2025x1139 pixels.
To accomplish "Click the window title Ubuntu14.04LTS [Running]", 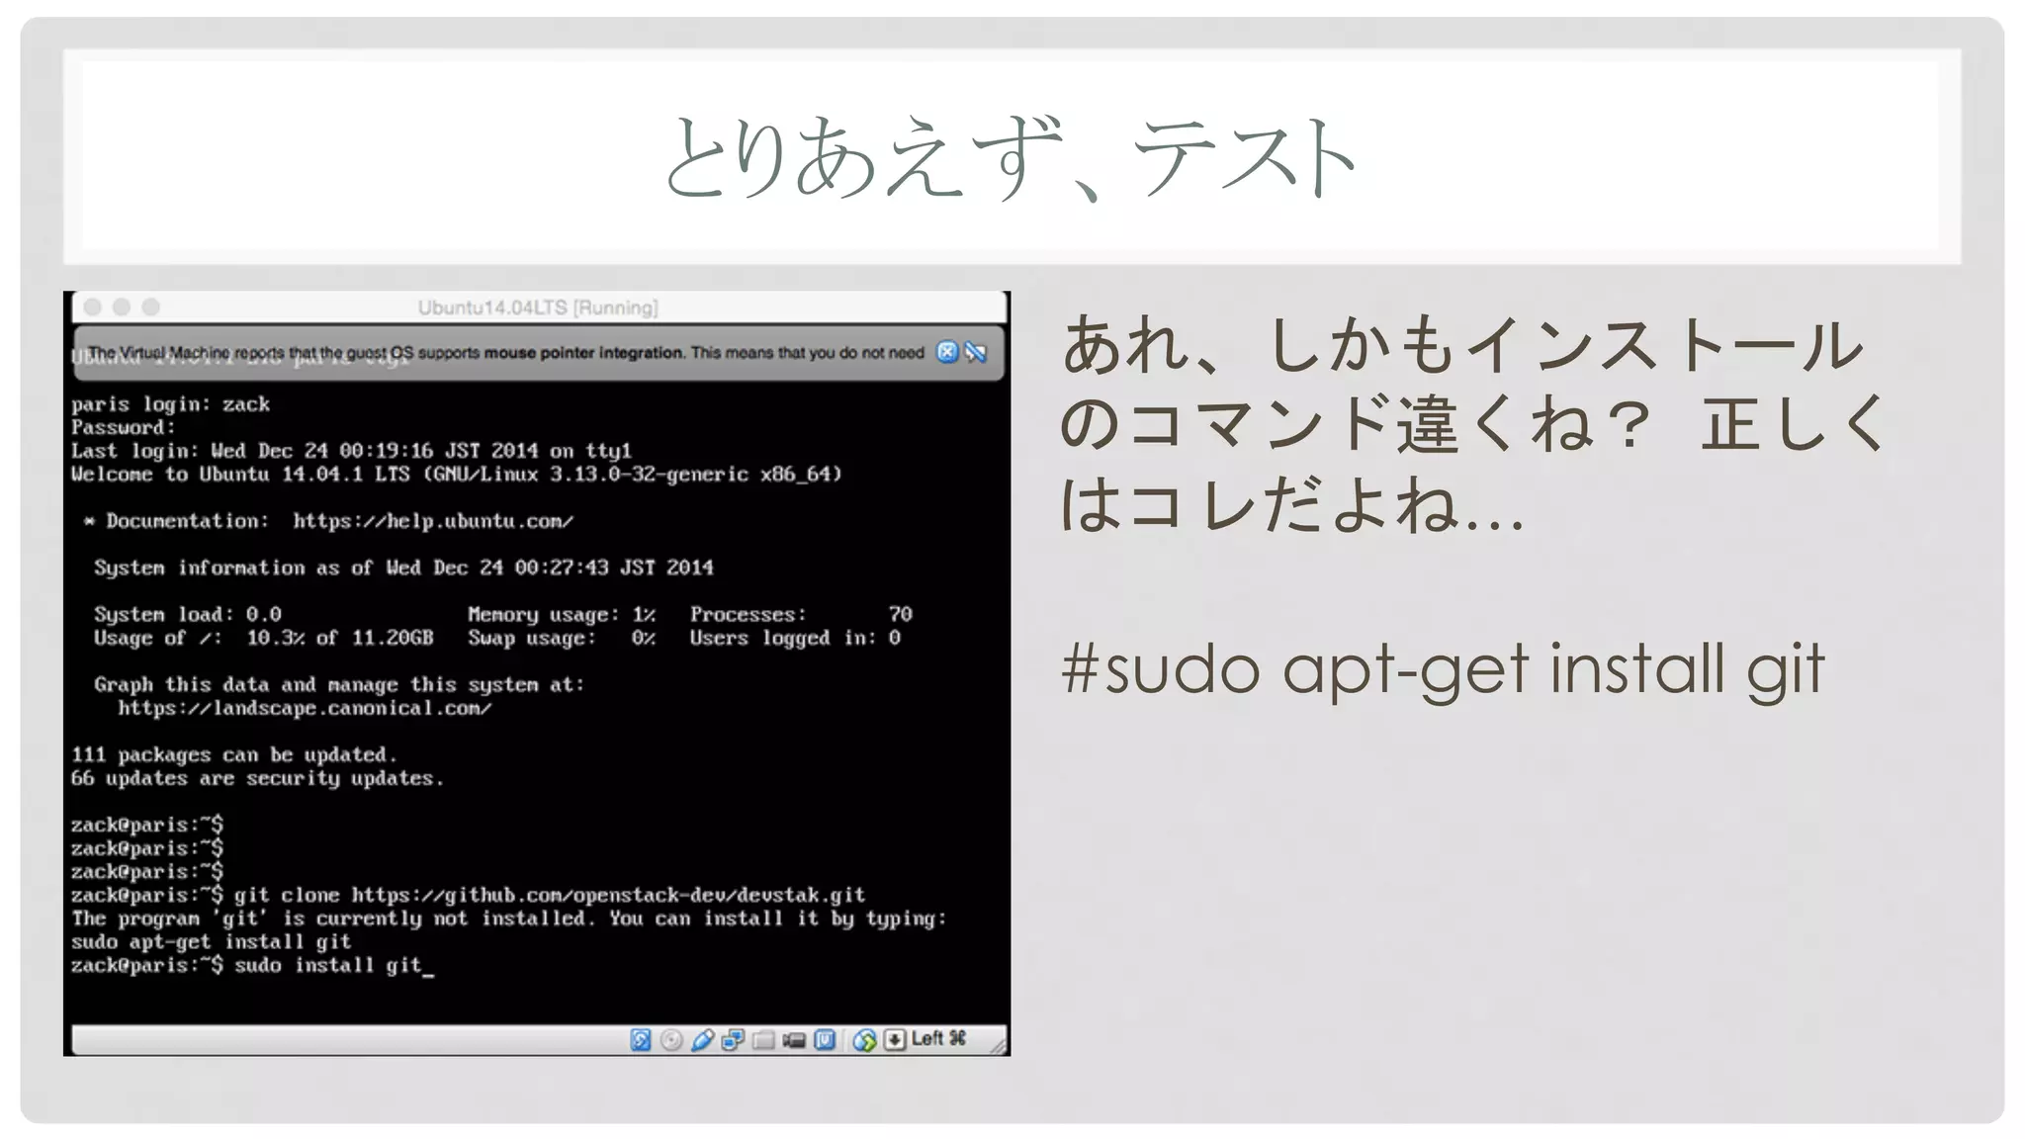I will [537, 307].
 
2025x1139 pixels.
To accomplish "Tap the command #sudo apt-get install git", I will [1442, 669].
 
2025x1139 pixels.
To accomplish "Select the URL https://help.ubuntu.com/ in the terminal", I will [432, 521].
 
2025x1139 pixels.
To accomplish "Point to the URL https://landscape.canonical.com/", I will [304, 708].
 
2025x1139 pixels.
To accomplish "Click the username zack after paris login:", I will [245, 404].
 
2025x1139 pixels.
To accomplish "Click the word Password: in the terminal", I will [123, 427].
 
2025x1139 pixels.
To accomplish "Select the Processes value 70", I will [900, 614].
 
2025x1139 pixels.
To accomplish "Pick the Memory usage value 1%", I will [644, 614].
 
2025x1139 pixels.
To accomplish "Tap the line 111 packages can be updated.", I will [233, 754].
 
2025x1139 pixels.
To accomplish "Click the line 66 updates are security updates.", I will [257, 778].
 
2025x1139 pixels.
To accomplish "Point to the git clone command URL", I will [608, 895].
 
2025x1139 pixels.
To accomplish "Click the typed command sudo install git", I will [328, 965].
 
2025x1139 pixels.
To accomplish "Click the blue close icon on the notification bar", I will [946, 352].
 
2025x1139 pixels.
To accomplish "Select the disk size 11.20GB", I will [392, 638].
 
